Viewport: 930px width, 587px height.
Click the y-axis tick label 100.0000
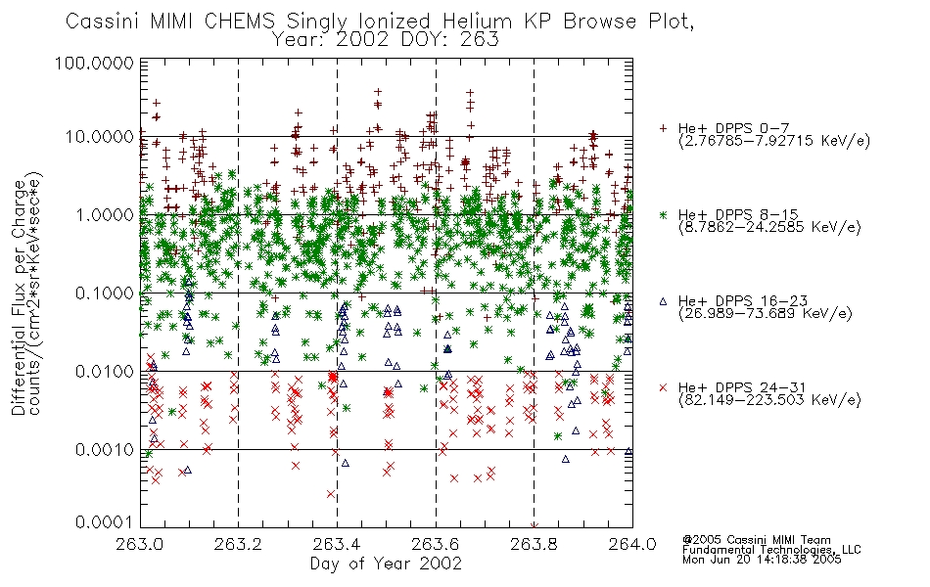pyautogui.click(x=94, y=63)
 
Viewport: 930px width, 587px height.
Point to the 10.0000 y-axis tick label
pyautogui.click(x=99, y=137)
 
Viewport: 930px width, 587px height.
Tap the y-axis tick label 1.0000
pyautogui.click(x=105, y=214)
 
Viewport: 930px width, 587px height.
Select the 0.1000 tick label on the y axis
pyautogui.click(x=105, y=293)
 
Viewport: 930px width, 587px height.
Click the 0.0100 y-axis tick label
pyautogui.click(x=105, y=372)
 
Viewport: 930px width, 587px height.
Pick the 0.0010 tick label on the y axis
pyautogui.click(x=105, y=450)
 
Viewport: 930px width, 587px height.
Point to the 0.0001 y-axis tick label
pyautogui.click(x=105, y=522)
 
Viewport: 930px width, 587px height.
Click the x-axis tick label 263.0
pyautogui.click(x=140, y=544)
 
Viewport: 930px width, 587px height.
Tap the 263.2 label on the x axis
pyautogui.click(x=239, y=544)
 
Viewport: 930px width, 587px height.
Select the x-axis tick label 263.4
pyautogui.click(x=337, y=544)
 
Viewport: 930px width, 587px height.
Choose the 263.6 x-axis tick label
pyautogui.click(x=436, y=544)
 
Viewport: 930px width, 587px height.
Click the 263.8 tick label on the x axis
pyautogui.click(x=534, y=544)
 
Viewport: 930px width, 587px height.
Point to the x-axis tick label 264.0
pyautogui.click(x=632, y=544)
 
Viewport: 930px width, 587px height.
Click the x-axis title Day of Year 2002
pyautogui.click(x=386, y=564)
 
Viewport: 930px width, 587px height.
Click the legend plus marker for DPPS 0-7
pyautogui.click(x=663, y=128)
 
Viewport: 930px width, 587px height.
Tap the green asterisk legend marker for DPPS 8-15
pyautogui.click(x=663, y=214)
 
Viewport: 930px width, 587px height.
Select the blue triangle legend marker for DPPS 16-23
pyautogui.click(x=663, y=301)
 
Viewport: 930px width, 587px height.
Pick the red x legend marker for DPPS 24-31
pyautogui.click(x=663, y=387)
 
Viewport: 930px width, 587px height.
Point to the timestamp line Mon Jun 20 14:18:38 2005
pyautogui.click(x=762, y=560)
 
